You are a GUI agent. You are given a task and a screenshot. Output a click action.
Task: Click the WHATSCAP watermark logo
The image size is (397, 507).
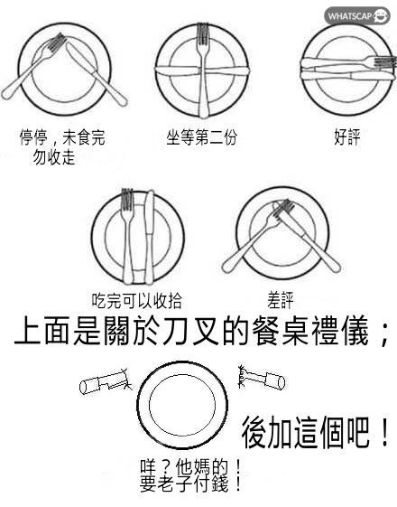coord(358,15)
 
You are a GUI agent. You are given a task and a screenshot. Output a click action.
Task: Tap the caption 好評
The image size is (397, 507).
coord(347,136)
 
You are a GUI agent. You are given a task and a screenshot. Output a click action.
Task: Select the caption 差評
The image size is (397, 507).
coord(281,300)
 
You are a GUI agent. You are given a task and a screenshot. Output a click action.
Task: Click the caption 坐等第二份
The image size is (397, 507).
coord(202,136)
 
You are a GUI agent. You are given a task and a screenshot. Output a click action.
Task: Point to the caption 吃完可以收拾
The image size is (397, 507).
coord(137,300)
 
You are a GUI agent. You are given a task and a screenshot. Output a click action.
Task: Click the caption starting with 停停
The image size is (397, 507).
coord(62,147)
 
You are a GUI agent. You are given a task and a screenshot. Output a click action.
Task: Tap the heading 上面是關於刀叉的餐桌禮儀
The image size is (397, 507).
coord(191,332)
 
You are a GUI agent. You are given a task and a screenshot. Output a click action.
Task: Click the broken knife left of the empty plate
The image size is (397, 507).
coord(106,382)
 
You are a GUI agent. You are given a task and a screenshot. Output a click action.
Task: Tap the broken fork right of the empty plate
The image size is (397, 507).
coord(262,378)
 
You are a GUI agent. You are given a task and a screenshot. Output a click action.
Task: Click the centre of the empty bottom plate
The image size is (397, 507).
coord(182,405)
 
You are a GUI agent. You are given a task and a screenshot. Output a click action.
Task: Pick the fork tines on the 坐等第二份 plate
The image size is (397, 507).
coord(202,33)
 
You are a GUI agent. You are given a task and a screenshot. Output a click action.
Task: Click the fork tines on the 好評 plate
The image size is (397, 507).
coord(385,62)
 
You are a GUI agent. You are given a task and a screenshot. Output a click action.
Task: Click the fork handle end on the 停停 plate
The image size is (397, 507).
coord(6,95)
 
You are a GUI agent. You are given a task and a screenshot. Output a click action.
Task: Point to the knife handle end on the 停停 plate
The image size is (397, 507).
coord(123,101)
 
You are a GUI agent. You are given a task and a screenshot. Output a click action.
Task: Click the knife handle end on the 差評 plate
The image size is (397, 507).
coord(336,268)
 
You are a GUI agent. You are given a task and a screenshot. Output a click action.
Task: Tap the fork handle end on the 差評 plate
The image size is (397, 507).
coord(226,268)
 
